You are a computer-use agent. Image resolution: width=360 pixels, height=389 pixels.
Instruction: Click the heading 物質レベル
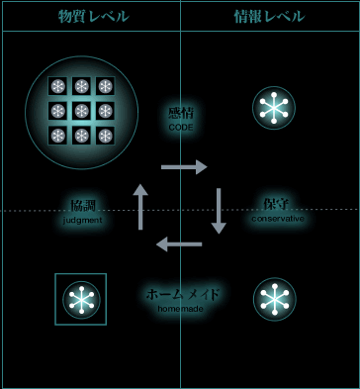92,16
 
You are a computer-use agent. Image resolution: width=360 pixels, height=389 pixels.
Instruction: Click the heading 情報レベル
269,16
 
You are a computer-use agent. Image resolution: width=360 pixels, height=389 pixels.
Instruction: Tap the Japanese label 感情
182,114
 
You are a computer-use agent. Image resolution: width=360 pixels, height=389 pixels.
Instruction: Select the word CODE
182,128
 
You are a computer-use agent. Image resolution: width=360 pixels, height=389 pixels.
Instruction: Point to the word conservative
277,218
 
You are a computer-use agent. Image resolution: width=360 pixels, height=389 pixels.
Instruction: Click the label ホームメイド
182,295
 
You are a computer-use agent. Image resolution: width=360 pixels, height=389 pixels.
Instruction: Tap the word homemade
182,309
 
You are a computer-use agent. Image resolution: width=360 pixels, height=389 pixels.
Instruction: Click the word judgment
83,220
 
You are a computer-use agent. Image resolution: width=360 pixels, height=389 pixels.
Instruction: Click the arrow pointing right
183,166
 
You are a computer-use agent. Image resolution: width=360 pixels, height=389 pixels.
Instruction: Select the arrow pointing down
219,210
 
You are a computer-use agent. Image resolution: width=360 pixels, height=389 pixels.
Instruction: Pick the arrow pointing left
180,243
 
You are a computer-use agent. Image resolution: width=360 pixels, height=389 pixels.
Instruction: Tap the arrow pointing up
140,206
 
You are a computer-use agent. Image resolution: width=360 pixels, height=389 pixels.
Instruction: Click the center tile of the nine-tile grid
81,110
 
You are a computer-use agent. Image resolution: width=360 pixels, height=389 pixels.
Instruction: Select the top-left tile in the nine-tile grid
58,86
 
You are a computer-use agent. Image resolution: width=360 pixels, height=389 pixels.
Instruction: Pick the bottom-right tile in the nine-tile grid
104,134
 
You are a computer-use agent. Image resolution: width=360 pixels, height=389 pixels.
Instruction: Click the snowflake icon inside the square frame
81,299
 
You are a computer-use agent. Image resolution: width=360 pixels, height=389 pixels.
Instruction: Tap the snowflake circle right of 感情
274,109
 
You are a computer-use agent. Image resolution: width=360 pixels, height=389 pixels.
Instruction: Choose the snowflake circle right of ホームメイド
274,299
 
